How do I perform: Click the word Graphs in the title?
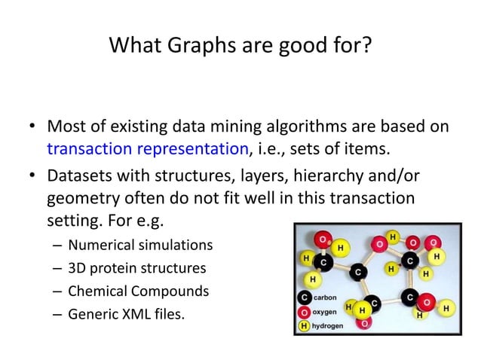click(191, 47)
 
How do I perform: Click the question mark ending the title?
click(366, 47)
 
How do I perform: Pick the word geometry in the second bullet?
click(81, 197)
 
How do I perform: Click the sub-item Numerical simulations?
click(140, 245)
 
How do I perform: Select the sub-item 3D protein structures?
click(136, 268)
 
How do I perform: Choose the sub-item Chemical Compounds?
click(139, 291)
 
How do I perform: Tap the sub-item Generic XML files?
click(125, 313)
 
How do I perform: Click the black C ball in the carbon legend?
click(304, 297)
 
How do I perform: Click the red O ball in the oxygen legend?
click(304, 312)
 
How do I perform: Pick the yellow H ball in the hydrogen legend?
click(304, 325)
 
